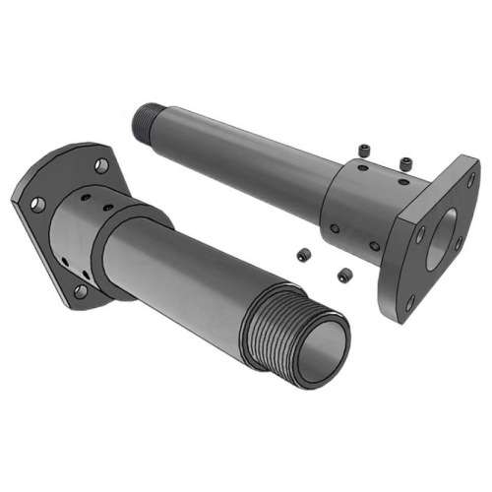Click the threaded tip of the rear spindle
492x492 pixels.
coord(146,119)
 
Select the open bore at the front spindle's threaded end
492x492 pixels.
coord(324,352)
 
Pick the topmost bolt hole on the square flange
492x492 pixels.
coord(470,180)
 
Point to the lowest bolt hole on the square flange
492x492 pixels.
coord(410,304)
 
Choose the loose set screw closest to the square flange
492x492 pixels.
coord(405,160)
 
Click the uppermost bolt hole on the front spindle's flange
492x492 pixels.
coord(101,165)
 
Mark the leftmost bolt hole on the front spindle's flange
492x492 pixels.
coord(37,205)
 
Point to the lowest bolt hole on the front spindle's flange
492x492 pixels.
coord(81,291)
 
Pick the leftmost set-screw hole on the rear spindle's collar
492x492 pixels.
coord(335,228)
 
